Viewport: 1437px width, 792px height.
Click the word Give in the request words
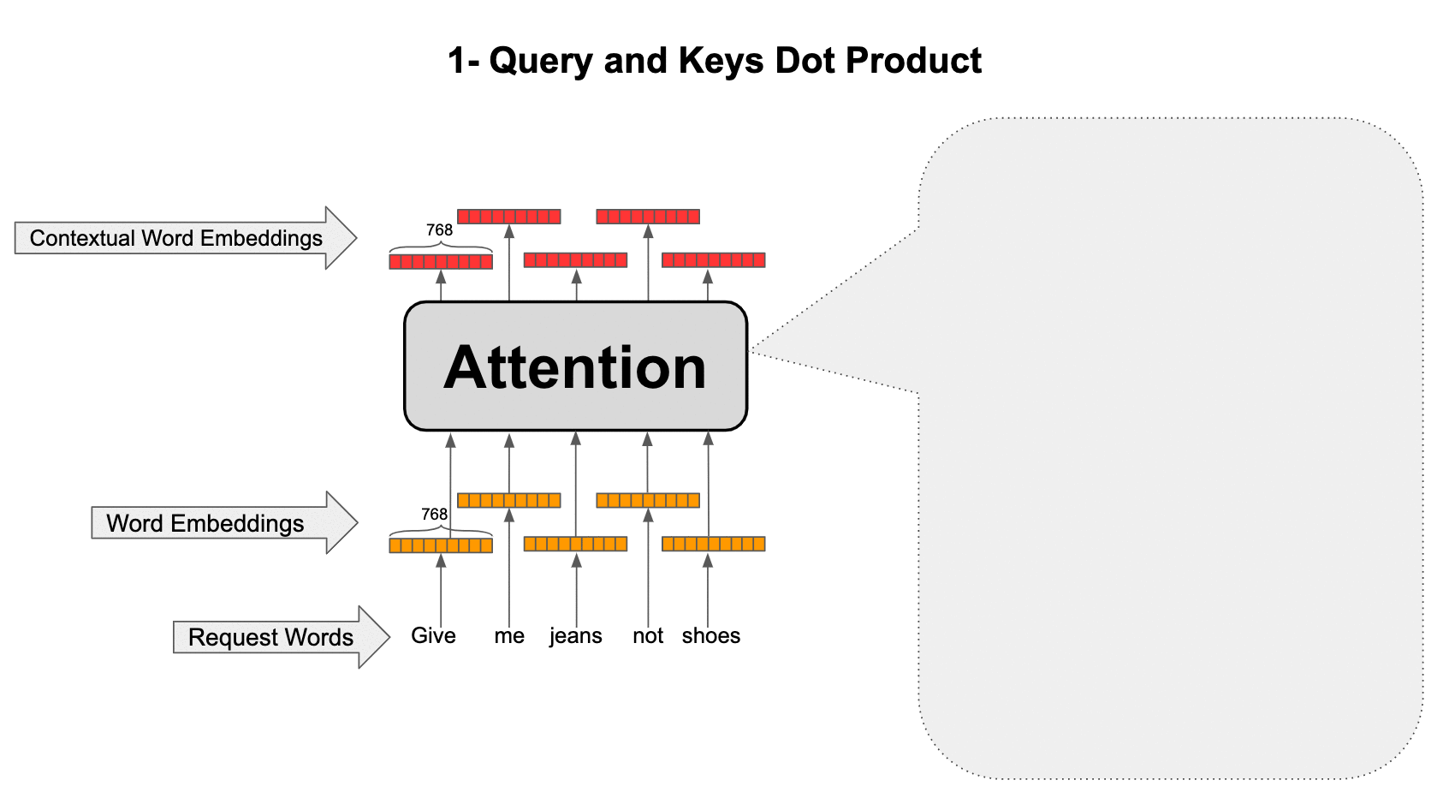pos(433,635)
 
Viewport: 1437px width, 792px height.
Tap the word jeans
pos(575,636)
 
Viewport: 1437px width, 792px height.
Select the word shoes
pos(711,635)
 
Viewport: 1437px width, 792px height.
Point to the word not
pos(648,636)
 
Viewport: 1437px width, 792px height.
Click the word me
pos(509,636)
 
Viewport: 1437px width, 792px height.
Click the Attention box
pos(575,366)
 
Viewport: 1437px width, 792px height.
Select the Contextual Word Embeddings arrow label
pos(175,238)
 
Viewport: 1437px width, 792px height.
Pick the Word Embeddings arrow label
pos(205,523)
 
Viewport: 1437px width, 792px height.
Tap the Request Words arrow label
pos(270,637)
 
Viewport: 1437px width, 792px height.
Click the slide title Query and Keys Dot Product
pos(715,61)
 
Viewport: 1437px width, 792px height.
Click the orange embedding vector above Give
pos(441,545)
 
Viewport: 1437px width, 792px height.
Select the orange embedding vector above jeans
pos(575,544)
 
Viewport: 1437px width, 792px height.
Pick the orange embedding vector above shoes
pos(714,544)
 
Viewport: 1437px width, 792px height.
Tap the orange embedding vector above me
pos(508,500)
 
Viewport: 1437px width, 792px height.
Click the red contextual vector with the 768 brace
pos(441,261)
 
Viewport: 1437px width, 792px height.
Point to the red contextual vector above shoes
pos(714,260)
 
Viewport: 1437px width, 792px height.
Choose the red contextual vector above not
pos(648,217)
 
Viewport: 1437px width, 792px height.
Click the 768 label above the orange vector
pos(434,514)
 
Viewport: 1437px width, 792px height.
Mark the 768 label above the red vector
pos(439,229)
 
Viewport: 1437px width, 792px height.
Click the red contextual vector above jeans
pos(575,260)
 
